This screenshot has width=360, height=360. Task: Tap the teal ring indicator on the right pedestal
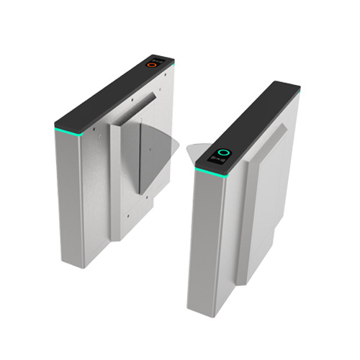point(224,153)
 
